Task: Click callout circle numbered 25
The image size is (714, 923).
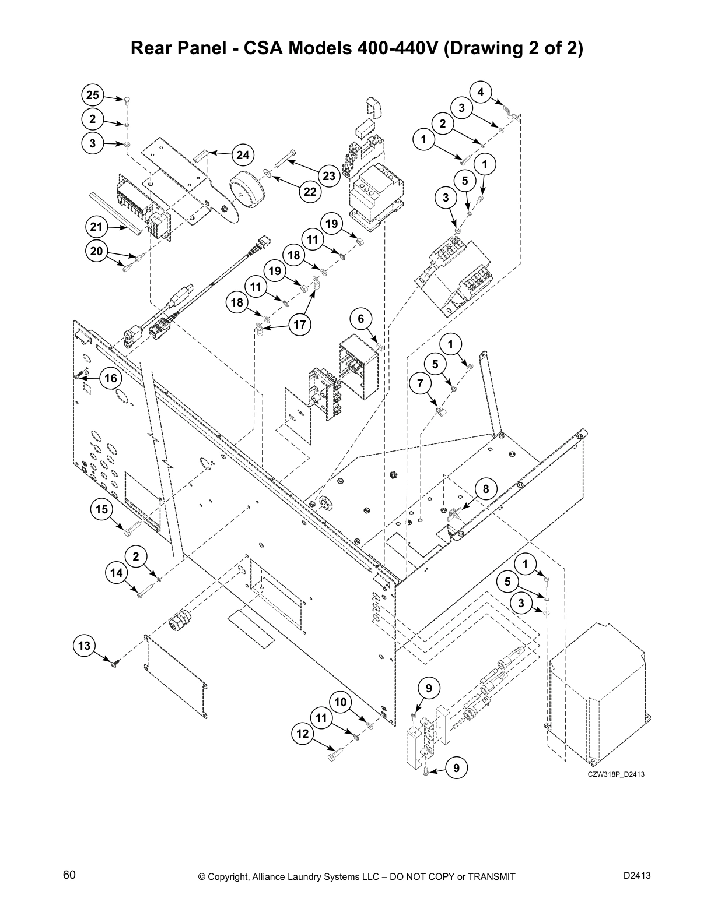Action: coord(92,96)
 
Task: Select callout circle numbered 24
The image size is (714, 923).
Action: coord(243,155)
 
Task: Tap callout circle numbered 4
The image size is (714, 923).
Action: coord(481,92)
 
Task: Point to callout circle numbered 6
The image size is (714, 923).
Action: coord(361,319)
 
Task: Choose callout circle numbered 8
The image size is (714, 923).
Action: coord(486,489)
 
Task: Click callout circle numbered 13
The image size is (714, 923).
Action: coord(85,646)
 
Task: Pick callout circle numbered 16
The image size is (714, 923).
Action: coord(110,378)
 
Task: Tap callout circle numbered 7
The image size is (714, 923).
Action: coord(421,383)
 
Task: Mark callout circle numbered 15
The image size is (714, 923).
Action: coord(102,510)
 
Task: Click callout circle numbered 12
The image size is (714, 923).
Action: coord(302,734)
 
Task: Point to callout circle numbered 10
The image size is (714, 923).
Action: coord(340,702)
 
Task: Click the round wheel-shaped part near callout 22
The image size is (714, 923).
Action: coord(244,190)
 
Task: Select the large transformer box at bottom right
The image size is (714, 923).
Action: coord(598,693)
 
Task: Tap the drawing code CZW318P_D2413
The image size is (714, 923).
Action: coord(615,774)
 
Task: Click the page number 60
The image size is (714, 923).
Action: coord(69,875)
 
